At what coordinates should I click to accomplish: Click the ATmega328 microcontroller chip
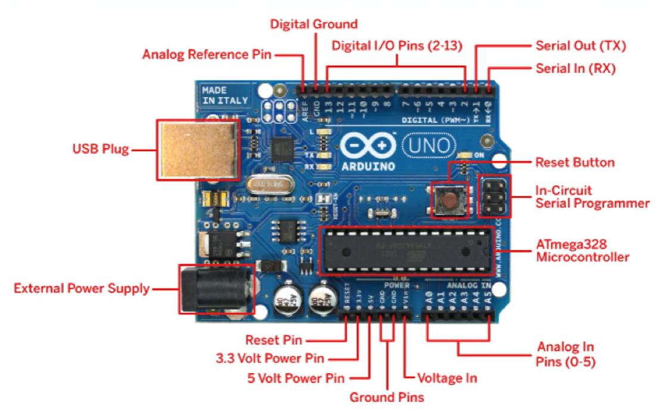[406, 250]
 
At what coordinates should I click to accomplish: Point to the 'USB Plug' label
[100, 148]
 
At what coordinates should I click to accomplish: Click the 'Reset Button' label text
[575, 162]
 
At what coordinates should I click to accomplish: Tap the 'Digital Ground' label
[314, 24]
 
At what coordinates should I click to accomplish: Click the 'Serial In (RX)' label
[575, 68]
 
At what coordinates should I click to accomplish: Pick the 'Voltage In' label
[447, 378]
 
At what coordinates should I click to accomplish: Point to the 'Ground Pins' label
[387, 397]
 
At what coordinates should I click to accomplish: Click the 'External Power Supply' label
[82, 288]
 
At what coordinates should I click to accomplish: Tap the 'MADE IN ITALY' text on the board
[224, 95]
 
